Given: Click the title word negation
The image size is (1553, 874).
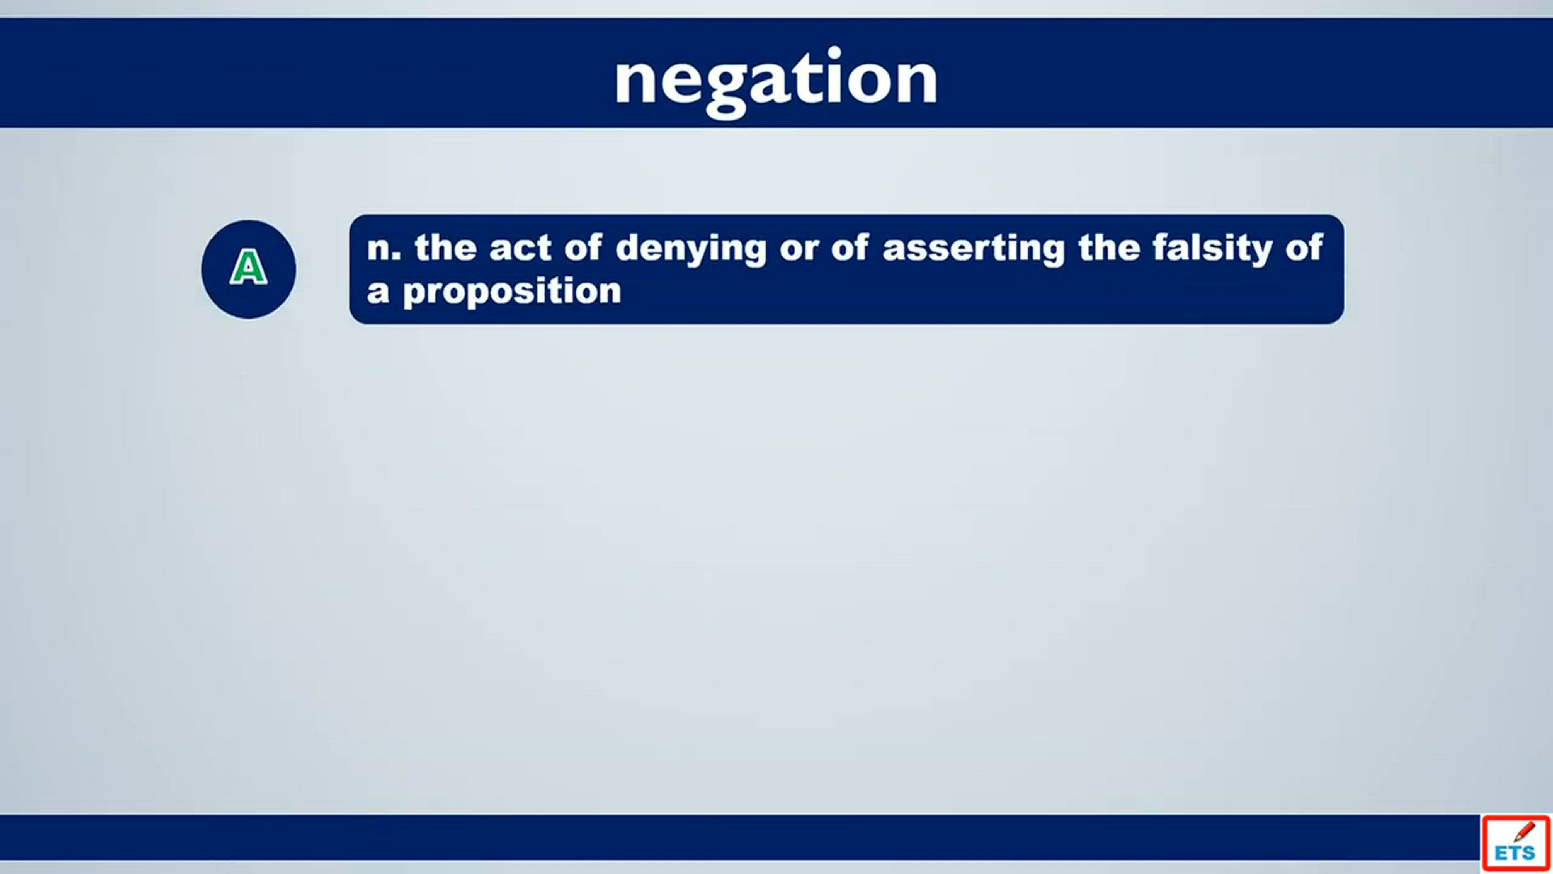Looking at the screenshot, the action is [x=776, y=81].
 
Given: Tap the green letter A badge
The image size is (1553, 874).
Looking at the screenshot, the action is [x=248, y=269].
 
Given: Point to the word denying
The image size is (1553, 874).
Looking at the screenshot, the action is [x=691, y=249].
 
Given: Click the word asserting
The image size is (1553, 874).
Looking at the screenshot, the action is [x=974, y=249].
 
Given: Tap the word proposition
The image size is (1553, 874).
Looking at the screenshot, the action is [x=512, y=292].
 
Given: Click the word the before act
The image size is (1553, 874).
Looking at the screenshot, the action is [x=446, y=248].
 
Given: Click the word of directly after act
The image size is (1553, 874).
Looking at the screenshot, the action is [x=583, y=248].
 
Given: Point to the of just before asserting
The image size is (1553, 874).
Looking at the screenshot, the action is [x=850, y=248].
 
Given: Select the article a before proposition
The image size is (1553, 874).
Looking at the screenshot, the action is [x=378, y=292].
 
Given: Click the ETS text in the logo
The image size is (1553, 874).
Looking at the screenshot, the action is [x=1514, y=853].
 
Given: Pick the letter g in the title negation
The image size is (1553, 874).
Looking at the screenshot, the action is [x=726, y=89].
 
